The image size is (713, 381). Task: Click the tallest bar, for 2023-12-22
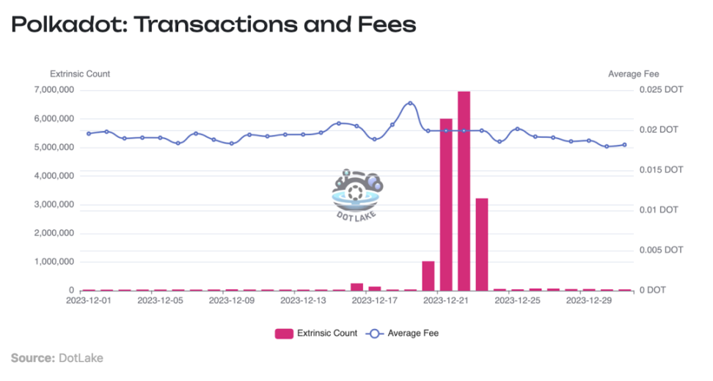[464, 190]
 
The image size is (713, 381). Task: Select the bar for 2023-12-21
[446, 204]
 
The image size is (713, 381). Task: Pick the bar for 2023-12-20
[428, 275]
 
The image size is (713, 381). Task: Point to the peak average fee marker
[410, 103]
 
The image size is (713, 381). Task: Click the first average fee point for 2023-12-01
[89, 133]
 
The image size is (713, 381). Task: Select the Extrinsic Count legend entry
[316, 333]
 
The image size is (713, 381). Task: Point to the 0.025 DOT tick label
[661, 90]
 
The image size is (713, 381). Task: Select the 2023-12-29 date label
[590, 300]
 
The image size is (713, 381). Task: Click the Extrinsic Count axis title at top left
[80, 74]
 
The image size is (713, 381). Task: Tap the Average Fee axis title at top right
[634, 74]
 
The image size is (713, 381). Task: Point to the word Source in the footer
[32, 358]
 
